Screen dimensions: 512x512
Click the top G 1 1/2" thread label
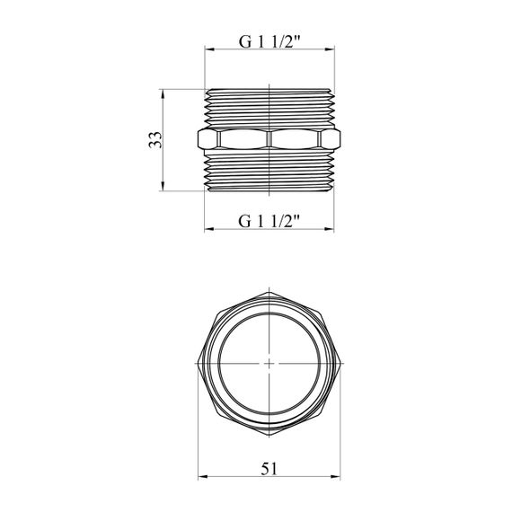269,41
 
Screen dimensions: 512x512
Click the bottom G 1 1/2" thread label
269,221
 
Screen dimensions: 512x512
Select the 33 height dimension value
155,140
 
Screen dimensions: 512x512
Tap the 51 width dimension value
269,469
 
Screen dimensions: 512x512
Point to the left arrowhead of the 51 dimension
203,477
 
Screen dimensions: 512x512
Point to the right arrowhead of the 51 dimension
335,477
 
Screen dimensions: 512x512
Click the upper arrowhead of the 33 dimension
163,93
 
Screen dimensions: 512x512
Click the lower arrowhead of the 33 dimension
163,186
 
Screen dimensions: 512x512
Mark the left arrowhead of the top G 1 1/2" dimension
209,49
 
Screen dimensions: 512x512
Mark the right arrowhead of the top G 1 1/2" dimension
330,49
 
